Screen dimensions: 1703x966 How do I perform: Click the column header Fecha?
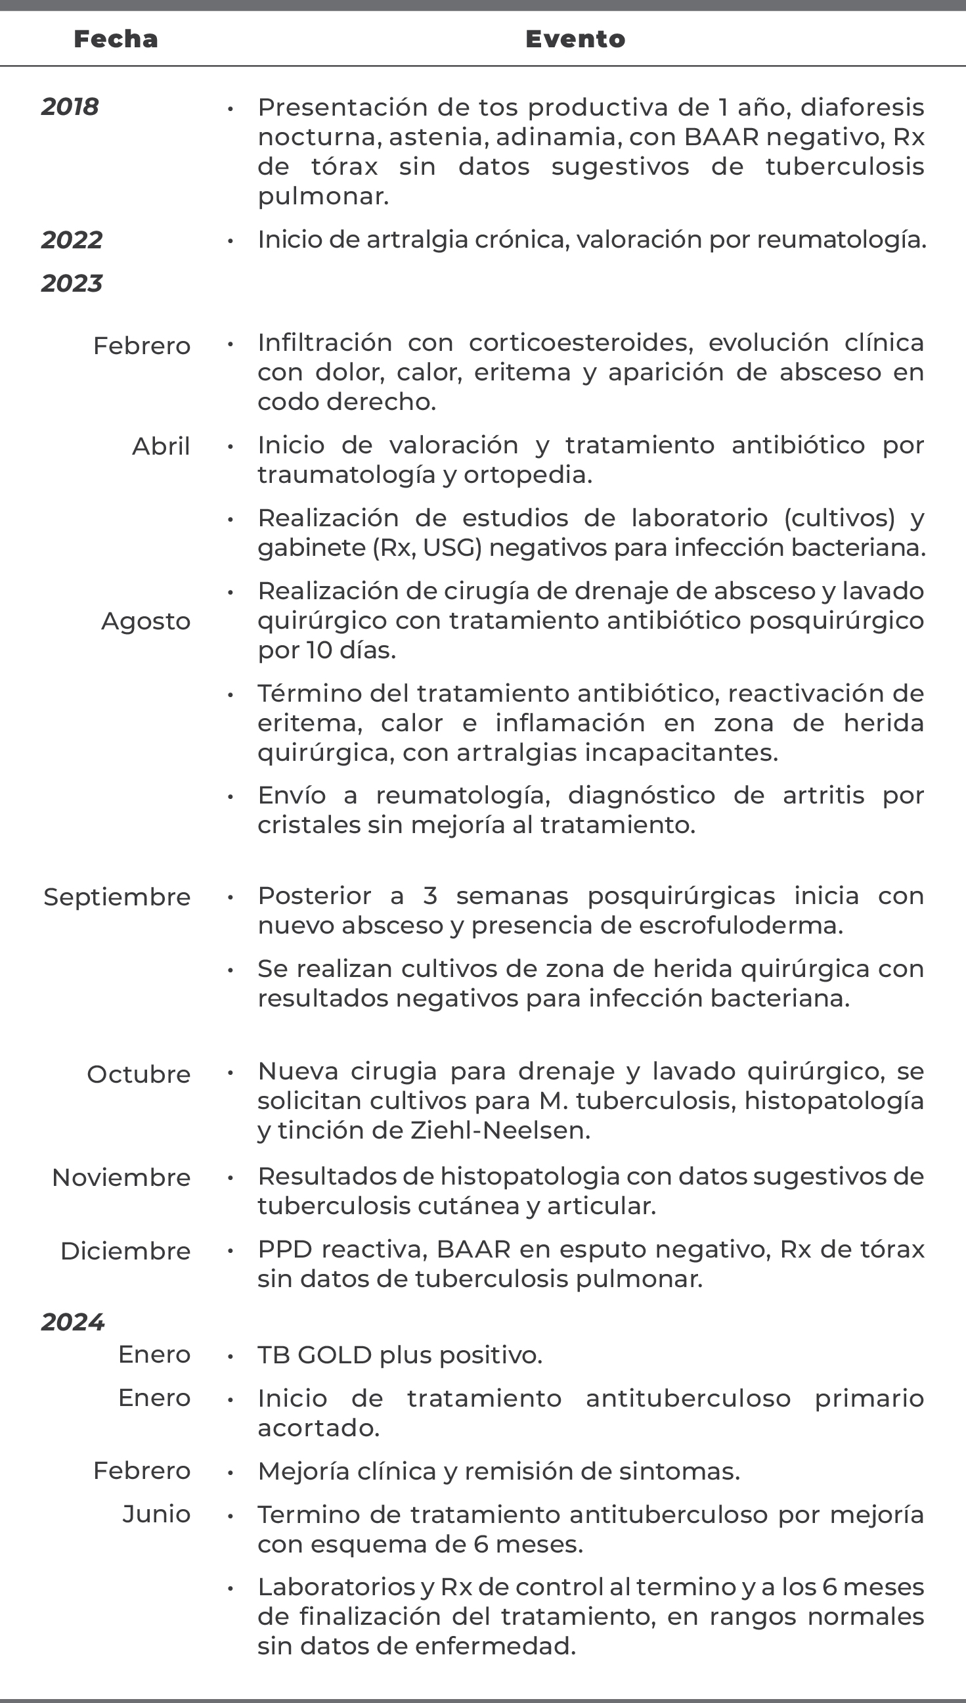(116, 39)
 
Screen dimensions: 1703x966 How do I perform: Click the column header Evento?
(575, 39)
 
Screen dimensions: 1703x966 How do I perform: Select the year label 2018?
(70, 106)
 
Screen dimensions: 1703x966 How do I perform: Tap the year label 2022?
(72, 240)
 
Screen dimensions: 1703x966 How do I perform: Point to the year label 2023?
(72, 283)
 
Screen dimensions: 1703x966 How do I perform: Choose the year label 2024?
(72, 1322)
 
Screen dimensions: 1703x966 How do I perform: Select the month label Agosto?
(146, 621)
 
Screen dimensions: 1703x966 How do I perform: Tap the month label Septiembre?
(117, 897)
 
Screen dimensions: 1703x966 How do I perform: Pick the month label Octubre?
(139, 1074)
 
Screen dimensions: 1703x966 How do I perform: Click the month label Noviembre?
(121, 1177)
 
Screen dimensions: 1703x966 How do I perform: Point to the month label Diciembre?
(125, 1251)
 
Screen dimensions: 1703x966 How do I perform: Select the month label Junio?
(156, 1514)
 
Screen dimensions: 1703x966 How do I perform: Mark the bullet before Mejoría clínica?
(231, 1472)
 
